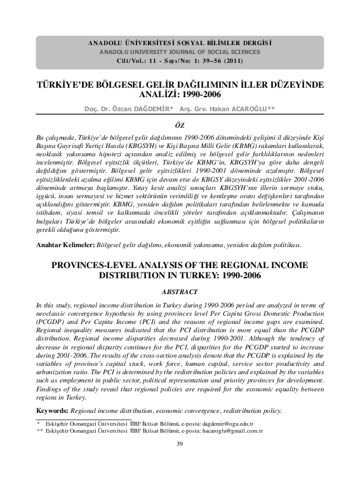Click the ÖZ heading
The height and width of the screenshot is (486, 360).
180,125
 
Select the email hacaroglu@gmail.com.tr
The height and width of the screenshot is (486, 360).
229,430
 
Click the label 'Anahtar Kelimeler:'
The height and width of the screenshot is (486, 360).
65,262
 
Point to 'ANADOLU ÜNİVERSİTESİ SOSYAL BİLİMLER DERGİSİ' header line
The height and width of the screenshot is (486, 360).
180,42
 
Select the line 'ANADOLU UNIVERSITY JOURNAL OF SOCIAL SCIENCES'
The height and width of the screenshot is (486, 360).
180,51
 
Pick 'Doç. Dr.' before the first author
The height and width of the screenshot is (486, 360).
96,107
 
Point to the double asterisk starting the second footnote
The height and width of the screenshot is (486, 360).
40,430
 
